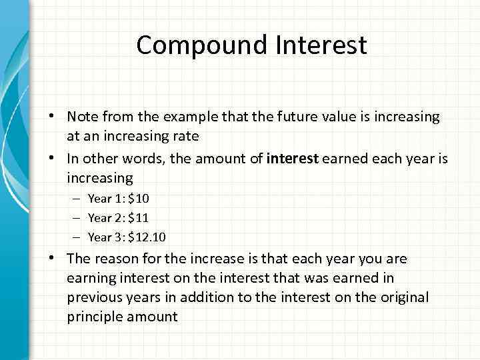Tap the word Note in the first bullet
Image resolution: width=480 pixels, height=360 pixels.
pyautogui.click(x=83, y=117)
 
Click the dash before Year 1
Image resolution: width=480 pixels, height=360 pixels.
pyautogui.click(x=77, y=198)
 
